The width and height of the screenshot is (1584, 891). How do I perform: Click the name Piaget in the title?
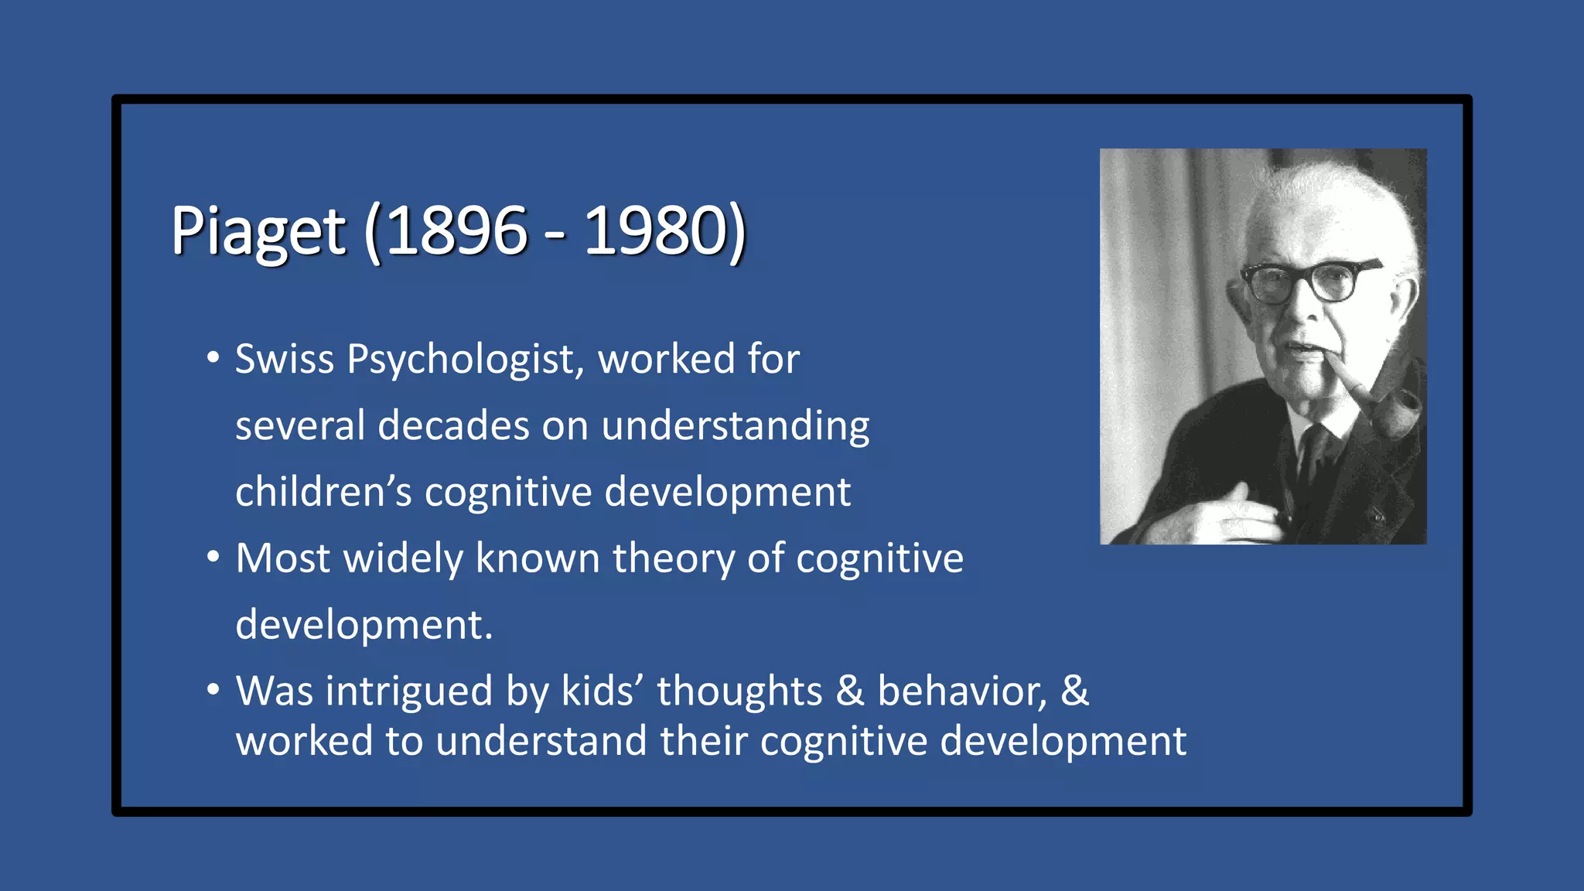click(x=258, y=230)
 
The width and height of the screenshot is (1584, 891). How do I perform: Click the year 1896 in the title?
click(x=456, y=230)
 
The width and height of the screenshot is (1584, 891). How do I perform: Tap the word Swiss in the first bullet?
click(x=285, y=359)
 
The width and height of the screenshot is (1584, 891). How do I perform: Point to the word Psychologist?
click(x=461, y=360)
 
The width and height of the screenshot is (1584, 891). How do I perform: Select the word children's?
click(x=323, y=492)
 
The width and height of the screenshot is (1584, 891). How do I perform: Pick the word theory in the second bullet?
click(x=674, y=558)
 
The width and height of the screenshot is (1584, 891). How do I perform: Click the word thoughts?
click(x=739, y=690)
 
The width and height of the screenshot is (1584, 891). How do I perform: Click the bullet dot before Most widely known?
click(x=213, y=557)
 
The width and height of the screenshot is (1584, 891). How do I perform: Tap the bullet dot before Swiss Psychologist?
click(x=213, y=358)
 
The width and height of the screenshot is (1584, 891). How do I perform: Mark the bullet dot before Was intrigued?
click(x=213, y=689)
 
